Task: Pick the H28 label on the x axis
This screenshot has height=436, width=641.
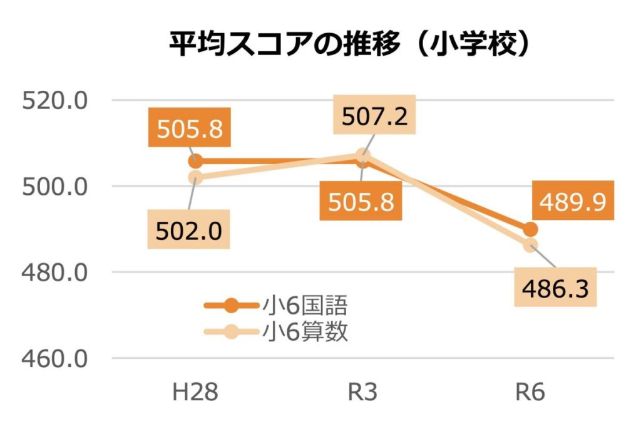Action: pos(196,393)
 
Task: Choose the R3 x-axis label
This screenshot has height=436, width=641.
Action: pos(363,393)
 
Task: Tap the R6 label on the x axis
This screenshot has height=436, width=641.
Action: pos(530,393)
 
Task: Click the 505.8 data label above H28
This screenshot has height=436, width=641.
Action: pos(190,129)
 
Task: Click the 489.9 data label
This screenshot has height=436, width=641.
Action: pos(574,202)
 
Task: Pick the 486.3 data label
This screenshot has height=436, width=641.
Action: pos(555,289)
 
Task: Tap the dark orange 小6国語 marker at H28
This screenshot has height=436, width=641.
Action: pos(195,161)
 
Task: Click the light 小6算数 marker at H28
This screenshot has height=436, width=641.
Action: pos(195,177)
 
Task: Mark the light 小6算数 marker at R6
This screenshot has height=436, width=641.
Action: pos(530,244)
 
